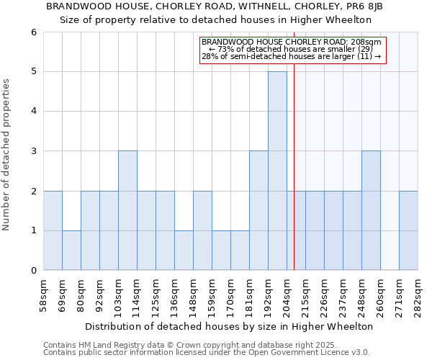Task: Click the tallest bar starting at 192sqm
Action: point(277,171)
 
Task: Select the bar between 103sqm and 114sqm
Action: point(127,210)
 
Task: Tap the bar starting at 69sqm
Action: point(71,250)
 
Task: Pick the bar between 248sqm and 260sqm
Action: point(371,210)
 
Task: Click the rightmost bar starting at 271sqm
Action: point(408,230)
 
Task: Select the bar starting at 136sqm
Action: point(184,250)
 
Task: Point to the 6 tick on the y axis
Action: point(33,32)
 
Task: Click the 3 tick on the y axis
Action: point(33,151)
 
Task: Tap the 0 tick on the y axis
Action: point(33,271)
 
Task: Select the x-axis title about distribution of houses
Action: point(229,326)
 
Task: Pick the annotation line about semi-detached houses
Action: point(292,56)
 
